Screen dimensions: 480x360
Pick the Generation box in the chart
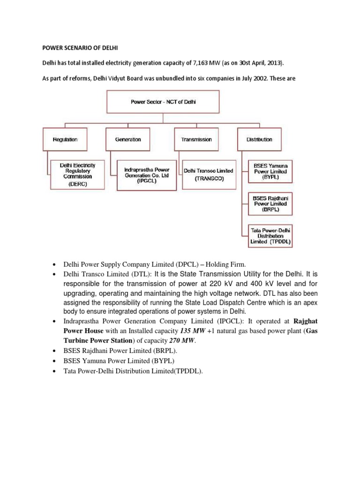tap(128, 139)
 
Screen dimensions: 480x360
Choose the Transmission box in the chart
tap(196, 139)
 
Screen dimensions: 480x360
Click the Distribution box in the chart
tap(259, 139)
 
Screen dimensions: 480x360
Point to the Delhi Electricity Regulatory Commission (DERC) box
tap(76, 174)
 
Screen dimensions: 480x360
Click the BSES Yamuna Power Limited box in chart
tap(270, 172)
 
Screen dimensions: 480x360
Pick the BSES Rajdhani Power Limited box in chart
tap(270, 203)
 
